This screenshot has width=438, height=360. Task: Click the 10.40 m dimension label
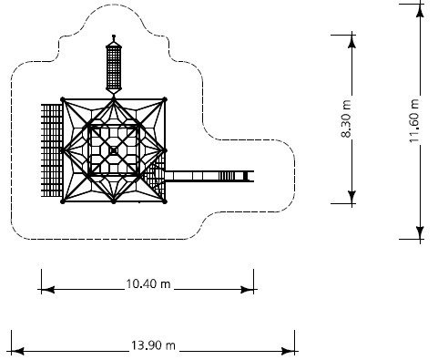[148, 284]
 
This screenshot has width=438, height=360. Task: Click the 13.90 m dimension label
[153, 345]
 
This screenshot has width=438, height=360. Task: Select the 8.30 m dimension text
[346, 118]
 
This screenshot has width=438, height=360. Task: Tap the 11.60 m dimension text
[414, 120]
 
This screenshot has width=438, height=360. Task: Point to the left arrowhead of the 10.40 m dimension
[47, 290]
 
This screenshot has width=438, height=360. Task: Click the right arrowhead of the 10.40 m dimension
[247, 290]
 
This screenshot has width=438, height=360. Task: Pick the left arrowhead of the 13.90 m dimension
[17, 352]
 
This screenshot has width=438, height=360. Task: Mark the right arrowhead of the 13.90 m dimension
[288, 352]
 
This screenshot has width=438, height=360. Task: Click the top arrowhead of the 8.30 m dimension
[351, 41]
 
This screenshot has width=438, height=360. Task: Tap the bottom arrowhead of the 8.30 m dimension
[351, 197]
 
